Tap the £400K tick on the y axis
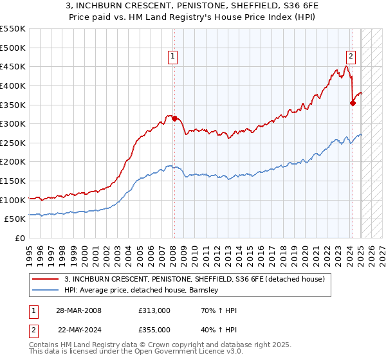[13, 85]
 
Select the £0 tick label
[19, 239]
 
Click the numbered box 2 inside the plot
[351, 56]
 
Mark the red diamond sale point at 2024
[353, 103]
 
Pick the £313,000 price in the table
[153, 310]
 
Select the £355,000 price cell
[153, 328]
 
